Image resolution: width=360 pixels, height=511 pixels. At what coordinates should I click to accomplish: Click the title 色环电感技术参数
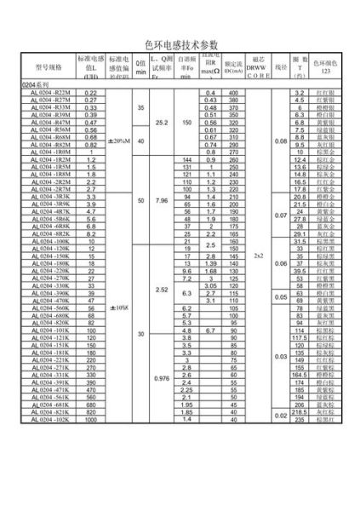tap(181, 41)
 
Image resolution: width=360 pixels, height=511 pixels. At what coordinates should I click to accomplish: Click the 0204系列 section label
tap(36, 86)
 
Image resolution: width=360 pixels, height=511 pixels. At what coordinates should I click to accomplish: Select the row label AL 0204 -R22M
tap(51, 92)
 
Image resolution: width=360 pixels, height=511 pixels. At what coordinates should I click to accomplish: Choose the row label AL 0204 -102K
tap(51, 420)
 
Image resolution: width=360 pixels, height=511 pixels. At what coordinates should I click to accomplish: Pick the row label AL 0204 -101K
tap(51, 330)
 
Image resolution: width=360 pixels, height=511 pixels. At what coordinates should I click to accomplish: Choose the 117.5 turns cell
tap(299, 338)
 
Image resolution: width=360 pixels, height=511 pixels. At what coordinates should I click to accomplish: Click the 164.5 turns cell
tap(299, 375)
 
